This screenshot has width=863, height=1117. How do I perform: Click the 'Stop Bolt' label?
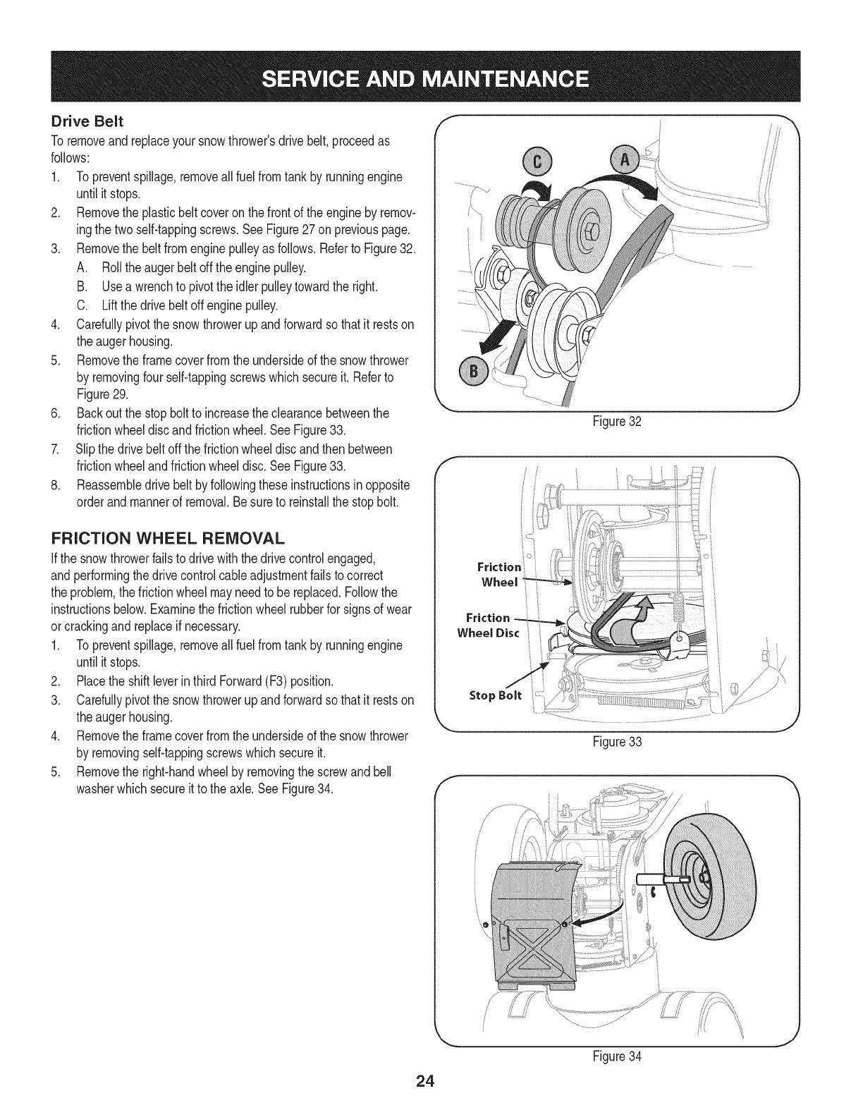click(x=496, y=695)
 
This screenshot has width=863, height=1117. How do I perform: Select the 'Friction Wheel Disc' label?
click(x=487, y=625)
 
